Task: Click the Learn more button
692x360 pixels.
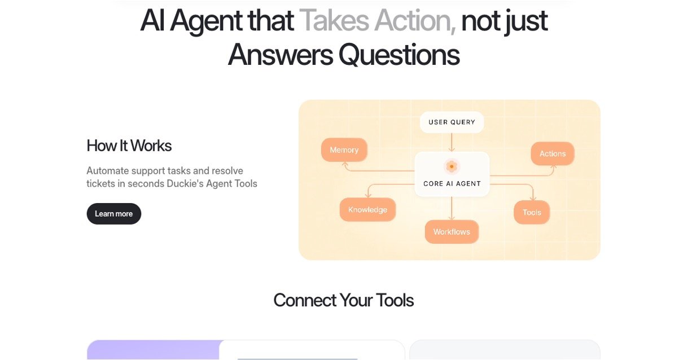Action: [113, 214]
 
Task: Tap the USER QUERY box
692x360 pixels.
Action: [452, 122]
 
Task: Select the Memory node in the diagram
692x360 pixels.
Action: [344, 150]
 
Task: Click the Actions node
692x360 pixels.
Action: [553, 153]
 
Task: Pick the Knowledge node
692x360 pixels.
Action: [367, 210]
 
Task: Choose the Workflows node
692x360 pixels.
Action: [452, 232]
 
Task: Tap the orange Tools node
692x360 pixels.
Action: [532, 212]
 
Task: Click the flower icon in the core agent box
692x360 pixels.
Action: [452, 166]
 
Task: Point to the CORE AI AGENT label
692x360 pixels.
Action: [452, 184]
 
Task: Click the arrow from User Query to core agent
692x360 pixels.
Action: [452, 142]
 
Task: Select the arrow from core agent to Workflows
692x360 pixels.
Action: [452, 208]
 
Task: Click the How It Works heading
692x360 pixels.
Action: [129, 146]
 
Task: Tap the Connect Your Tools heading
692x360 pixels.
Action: [344, 300]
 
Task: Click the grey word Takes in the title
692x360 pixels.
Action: [334, 21]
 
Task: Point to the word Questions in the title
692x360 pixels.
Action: [399, 55]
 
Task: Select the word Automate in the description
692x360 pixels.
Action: [107, 171]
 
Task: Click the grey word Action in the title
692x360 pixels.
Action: [415, 21]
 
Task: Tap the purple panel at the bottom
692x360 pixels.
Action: [154, 350]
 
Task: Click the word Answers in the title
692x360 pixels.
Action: [281, 55]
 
